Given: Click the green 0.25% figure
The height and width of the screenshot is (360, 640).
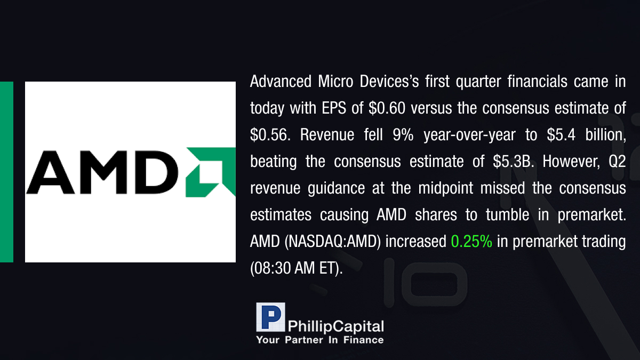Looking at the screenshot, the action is (x=471, y=242).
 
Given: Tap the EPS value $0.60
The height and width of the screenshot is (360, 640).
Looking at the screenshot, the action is (x=387, y=108).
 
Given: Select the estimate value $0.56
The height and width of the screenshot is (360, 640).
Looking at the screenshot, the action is (x=270, y=134).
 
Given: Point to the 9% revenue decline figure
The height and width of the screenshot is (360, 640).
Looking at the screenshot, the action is (x=403, y=134).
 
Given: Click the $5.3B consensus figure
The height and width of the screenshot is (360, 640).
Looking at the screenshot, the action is (x=514, y=162).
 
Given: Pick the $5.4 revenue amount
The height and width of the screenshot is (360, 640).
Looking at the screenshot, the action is (x=561, y=134).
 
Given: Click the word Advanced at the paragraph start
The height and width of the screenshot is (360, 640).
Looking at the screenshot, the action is (x=281, y=82).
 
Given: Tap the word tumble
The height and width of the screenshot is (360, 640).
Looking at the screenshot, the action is (x=507, y=214).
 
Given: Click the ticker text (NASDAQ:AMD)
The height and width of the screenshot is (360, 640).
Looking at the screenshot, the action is (x=333, y=242).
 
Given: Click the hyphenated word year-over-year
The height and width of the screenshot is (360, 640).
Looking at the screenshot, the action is (x=470, y=135).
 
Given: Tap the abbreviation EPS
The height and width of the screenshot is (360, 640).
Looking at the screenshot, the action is (x=334, y=108).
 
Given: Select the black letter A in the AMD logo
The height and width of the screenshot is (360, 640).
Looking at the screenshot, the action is (x=50, y=173).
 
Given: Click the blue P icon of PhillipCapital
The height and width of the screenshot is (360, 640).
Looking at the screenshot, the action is (x=270, y=317).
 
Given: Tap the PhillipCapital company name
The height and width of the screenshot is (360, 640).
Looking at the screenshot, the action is (x=335, y=326).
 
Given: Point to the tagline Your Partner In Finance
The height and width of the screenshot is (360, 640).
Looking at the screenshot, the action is (x=319, y=340).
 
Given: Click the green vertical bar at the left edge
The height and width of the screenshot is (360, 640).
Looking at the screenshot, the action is (x=6, y=172).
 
